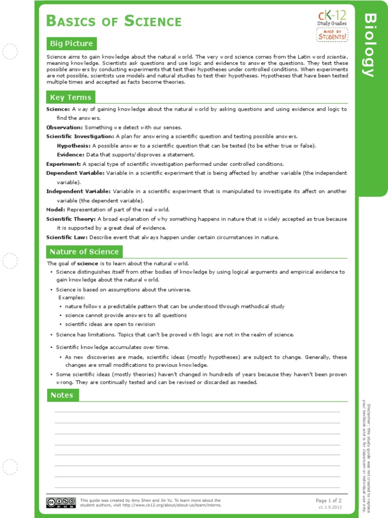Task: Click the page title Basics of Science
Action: [114, 21]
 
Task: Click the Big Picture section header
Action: [71, 44]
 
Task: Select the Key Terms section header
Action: [70, 97]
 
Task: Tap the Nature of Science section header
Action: [84, 251]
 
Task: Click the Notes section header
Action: [62, 395]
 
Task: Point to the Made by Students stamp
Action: [331, 35]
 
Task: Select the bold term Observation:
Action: [65, 127]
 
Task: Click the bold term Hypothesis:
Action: [74, 146]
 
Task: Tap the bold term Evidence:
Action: [71, 155]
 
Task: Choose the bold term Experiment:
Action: [64, 164]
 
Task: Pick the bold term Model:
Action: [56, 209]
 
